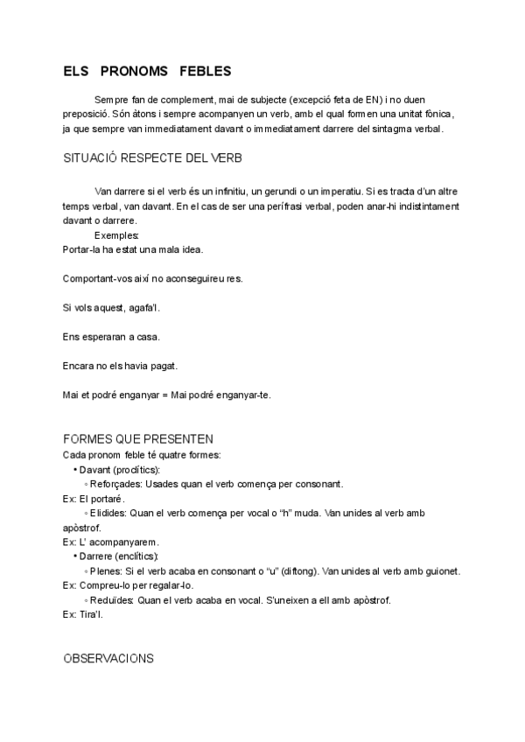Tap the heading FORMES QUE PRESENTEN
click(x=139, y=438)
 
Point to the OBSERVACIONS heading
click(x=108, y=658)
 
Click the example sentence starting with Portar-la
click(x=133, y=249)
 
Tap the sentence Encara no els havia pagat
click(x=121, y=365)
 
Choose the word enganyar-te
click(x=245, y=395)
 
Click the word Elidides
click(x=111, y=514)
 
